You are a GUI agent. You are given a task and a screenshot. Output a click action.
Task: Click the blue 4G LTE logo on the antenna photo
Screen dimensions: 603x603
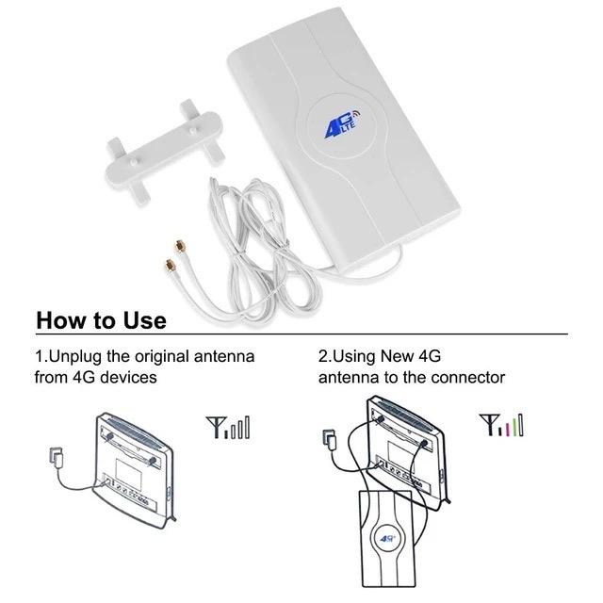click(x=343, y=123)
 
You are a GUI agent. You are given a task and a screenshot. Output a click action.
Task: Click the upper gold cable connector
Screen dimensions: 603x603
click(x=179, y=246)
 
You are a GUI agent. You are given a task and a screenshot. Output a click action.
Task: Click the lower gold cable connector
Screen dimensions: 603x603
click(x=170, y=266)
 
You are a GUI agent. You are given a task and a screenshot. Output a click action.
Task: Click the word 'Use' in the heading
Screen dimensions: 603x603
click(x=144, y=320)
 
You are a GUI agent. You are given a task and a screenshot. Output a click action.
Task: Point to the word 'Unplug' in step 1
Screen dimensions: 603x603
click(x=76, y=357)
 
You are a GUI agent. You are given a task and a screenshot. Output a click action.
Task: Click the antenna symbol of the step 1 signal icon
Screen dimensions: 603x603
click(x=216, y=427)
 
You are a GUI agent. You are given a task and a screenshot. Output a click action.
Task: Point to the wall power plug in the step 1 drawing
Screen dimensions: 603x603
click(x=57, y=458)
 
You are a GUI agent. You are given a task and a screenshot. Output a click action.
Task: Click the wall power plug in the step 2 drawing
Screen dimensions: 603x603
click(x=330, y=440)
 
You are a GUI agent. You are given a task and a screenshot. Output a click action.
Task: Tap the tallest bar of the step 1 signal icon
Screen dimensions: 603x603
click(x=247, y=427)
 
